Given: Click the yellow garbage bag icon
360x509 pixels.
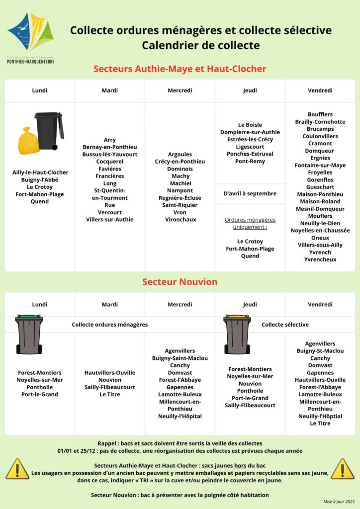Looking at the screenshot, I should click(x=28, y=141).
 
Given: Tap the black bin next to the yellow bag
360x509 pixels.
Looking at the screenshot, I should click(x=49, y=131).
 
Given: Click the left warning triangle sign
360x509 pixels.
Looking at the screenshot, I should click(x=17, y=469).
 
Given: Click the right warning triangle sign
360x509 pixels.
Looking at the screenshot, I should click(x=343, y=469).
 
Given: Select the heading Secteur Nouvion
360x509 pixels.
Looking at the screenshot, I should click(x=180, y=282).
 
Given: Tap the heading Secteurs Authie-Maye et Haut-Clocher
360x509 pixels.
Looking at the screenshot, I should click(x=180, y=69).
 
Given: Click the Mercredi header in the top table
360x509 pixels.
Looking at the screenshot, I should click(x=180, y=90).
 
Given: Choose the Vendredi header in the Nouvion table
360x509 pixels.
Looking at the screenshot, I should click(x=320, y=304).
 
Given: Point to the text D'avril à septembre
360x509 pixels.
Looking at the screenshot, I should click(x=250, y=193).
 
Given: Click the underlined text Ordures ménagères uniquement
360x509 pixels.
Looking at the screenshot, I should click(x=250, y=223).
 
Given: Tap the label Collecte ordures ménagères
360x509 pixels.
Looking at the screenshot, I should click(x=110, y=325).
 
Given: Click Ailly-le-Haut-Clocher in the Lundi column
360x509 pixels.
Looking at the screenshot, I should click(x=40, y=172).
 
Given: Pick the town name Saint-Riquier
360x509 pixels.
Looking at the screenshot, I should click(x=180, y=205).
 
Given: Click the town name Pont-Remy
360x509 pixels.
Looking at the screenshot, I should click(x=250, y=161).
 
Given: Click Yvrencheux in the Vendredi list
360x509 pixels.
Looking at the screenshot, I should click(x=320, y=259).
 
